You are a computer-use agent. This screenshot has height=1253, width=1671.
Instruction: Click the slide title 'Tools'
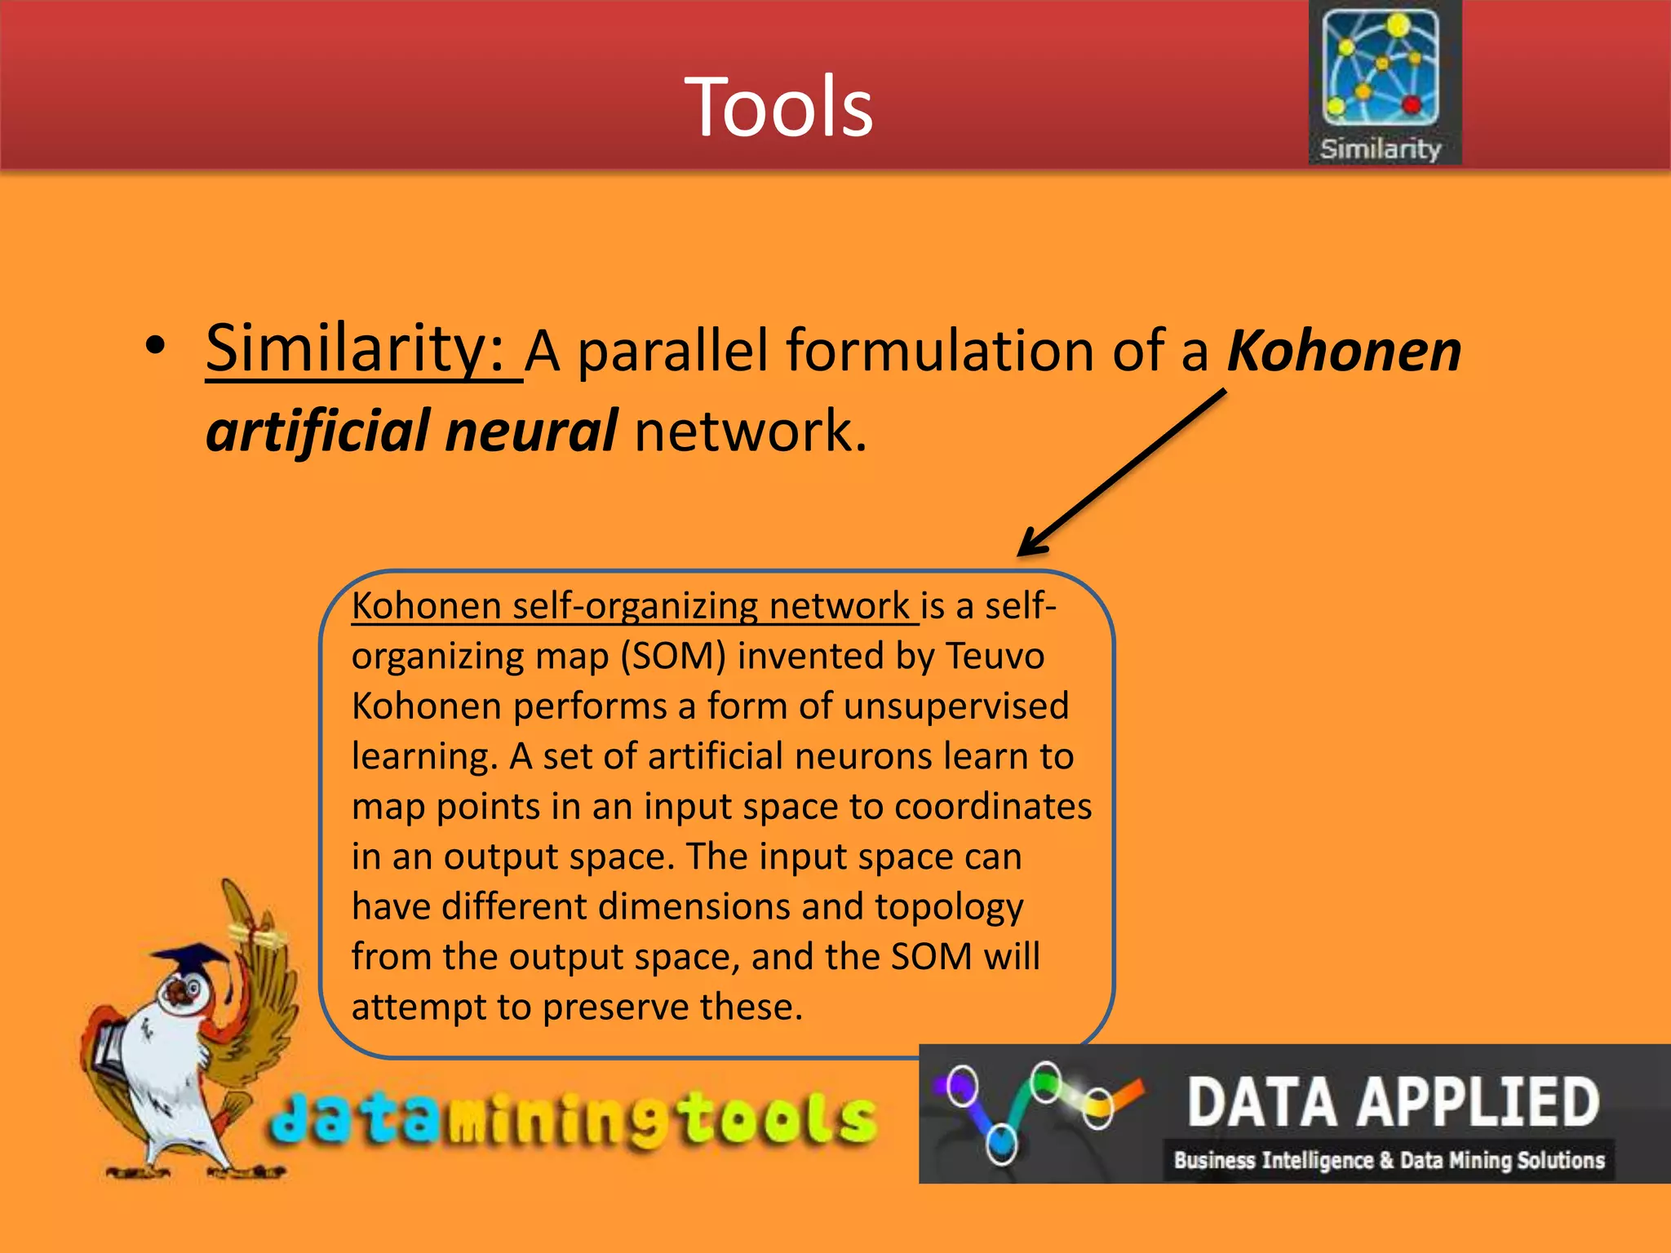[778, 107]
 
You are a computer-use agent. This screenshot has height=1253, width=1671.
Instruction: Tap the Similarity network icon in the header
[1381, 67]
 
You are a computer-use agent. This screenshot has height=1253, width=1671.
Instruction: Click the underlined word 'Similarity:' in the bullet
[356, 348]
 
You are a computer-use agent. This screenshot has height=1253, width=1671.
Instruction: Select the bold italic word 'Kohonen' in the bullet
[1343, 351]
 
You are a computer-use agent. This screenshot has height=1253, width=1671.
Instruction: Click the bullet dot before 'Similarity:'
[155, 347]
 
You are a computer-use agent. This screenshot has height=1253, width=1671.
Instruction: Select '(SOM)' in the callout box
[673, 656]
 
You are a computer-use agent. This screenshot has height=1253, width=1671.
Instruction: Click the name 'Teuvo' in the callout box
[995, 656]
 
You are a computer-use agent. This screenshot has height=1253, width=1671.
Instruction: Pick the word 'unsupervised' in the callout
[955, 706]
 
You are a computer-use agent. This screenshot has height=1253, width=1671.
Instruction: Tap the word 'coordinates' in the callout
[992, 807]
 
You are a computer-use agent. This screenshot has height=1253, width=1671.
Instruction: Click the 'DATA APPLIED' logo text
[1392, 1102]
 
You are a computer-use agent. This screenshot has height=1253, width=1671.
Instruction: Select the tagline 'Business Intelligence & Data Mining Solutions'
[1389, 1160]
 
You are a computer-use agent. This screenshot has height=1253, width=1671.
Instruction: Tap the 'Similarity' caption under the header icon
[1381, 148]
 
